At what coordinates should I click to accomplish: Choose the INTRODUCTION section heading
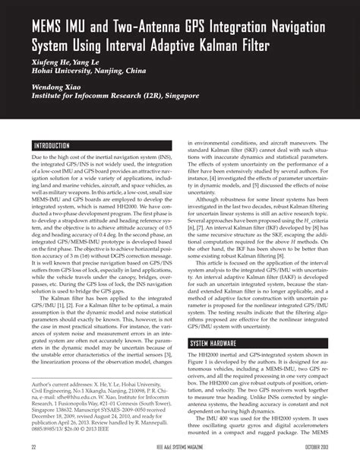point(52,145)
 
